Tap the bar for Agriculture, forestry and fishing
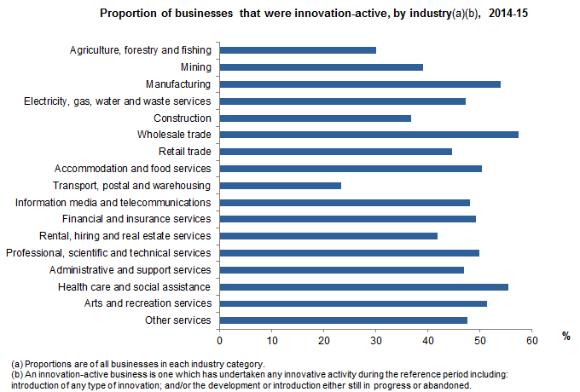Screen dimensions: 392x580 pyautogui.click(x=298, y=50)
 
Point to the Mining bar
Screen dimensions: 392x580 pyautogui.click(x=321, y=67)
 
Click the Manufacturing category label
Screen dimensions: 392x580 pyautogui.click(x=177, y=84)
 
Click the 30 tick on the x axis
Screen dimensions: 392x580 pyautogui.click(x=376, y=340)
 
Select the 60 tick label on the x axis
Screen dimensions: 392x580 pyautogui.click(x=532, y=340)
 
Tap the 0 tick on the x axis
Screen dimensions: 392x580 pyautogui.click(x=220, y=340)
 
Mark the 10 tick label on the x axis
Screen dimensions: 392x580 pyautogui.click(x=272, y=340)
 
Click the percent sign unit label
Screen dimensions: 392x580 pyautogui.click(x=565, y=336)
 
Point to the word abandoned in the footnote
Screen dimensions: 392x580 pyautogui.click(x=444, y=384)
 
